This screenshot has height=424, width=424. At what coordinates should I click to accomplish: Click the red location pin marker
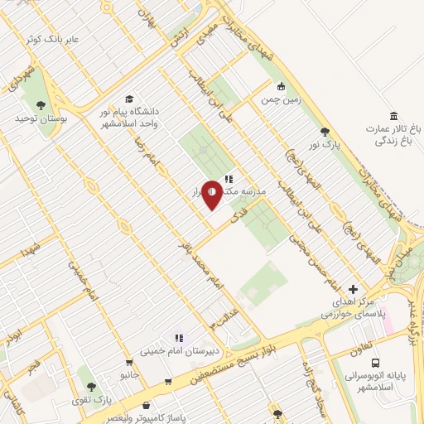point(212,194)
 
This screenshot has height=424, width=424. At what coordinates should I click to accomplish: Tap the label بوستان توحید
point(41,119)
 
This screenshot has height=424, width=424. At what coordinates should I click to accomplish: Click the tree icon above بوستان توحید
point(41,105)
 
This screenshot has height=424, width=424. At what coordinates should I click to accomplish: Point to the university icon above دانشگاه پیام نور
point(129,98)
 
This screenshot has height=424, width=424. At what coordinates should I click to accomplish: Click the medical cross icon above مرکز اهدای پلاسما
point(354,290)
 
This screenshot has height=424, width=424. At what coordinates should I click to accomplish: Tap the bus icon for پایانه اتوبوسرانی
point(376,363)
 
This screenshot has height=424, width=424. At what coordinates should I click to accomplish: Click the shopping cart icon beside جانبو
point(129,362)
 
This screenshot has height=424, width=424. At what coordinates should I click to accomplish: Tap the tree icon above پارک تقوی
point(92,388)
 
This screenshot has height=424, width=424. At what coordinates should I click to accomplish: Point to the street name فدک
point(240,212)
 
